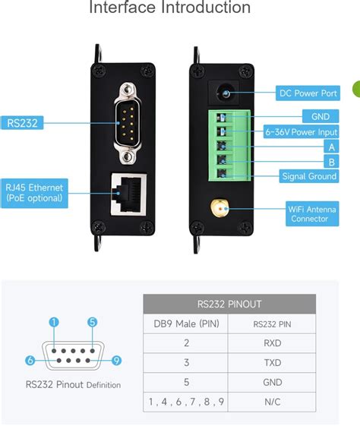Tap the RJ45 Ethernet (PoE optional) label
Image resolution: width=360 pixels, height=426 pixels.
point(35,192)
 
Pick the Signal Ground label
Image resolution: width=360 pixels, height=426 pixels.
point(309,176)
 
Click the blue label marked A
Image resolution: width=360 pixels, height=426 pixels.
point(331,147)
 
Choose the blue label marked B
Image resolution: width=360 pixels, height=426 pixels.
point(331,162)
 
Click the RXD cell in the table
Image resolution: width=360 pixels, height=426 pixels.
point(272,342)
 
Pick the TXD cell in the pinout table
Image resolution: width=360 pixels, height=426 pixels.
point(272,362)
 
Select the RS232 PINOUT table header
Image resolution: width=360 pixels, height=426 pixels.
point(229,304)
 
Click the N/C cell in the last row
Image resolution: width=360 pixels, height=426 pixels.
point(272,401)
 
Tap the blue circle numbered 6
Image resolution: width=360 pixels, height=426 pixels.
point(30,360)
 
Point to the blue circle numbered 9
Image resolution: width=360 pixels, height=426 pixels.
point(116,360)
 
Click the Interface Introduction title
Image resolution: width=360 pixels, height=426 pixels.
point(169,8)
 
